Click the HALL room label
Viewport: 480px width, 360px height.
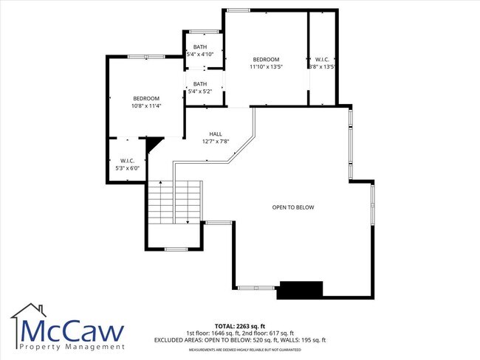[215, 134]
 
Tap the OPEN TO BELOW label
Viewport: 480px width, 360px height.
[293, 207]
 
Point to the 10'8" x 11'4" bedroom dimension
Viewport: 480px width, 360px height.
[146, 106]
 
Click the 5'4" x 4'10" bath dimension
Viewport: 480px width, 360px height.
[200, 54]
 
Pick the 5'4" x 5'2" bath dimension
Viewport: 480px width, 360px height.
[200, 91]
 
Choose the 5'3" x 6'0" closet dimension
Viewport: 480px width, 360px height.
[127, 168]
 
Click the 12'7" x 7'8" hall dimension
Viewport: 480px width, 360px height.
[216, 142]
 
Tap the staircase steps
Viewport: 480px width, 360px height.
[174, 201]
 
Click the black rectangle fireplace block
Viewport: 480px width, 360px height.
[300, 290]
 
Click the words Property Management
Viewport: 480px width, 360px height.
[71, 347]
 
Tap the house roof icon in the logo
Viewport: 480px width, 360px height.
[30, 312]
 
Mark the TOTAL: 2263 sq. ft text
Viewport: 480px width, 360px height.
[240, 326]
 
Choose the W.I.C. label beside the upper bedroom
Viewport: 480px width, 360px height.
[322, 59]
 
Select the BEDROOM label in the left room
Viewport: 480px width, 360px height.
[146, 98]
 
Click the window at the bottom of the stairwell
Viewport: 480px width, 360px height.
[175, 249]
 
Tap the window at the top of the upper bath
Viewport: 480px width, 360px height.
[204, 32]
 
